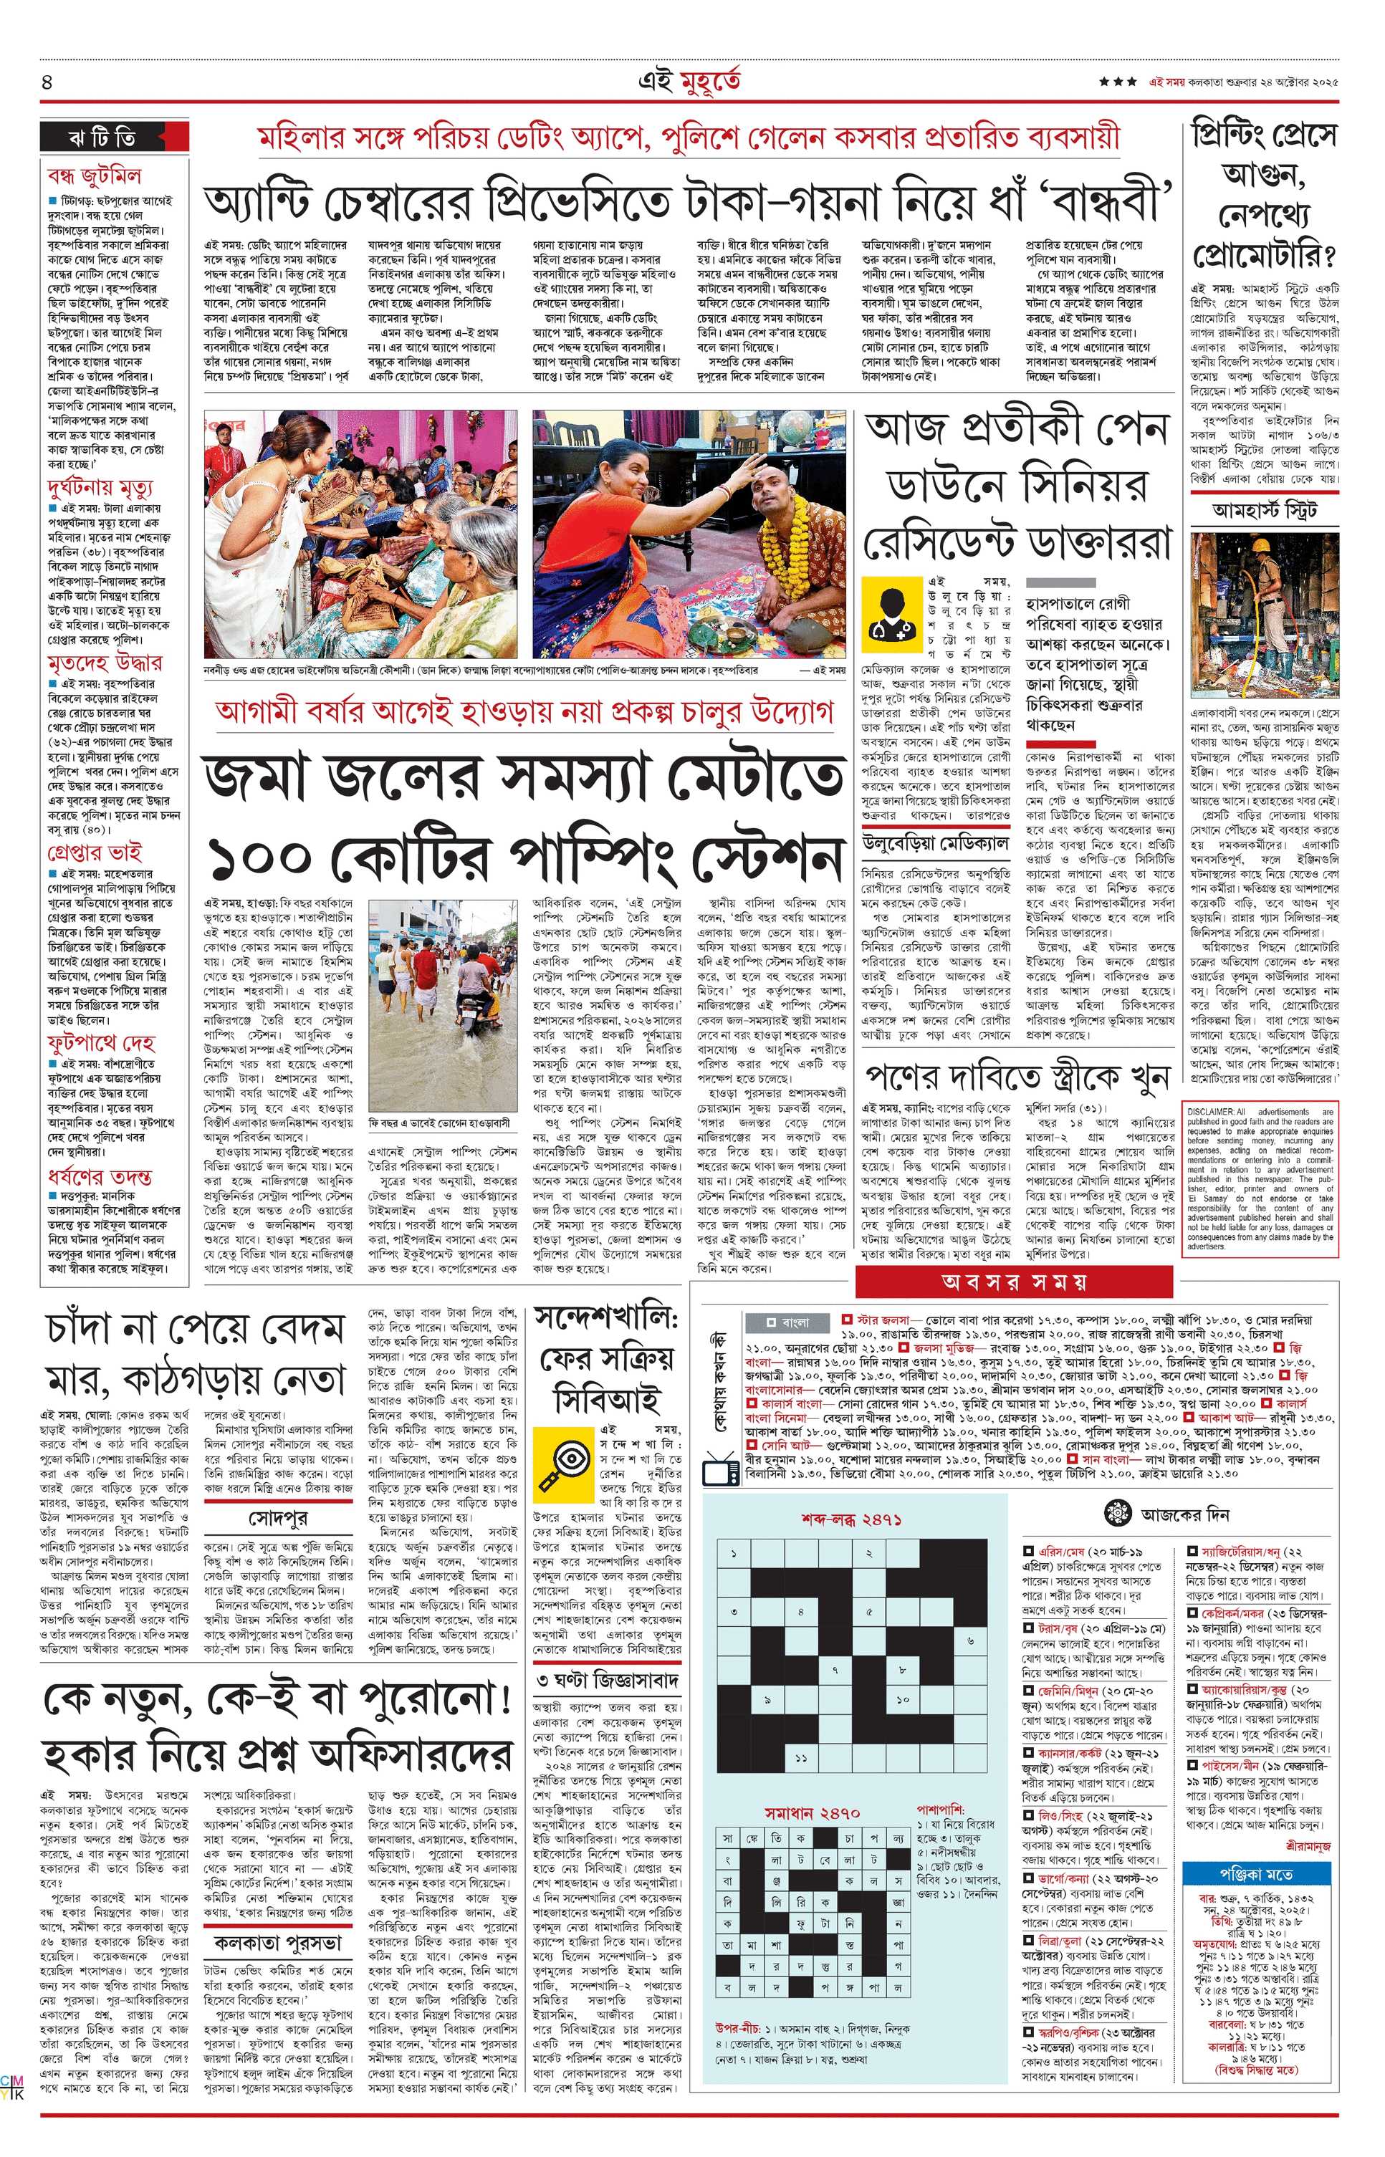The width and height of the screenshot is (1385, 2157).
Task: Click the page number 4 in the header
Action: (x=47, y=82)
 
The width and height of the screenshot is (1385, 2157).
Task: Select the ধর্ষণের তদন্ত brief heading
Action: (x=99, y=1178)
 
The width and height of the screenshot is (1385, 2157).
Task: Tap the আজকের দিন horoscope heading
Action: (x=1184, y=1514)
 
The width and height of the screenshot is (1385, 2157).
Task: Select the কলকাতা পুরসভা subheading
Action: (x=278, y=1941)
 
